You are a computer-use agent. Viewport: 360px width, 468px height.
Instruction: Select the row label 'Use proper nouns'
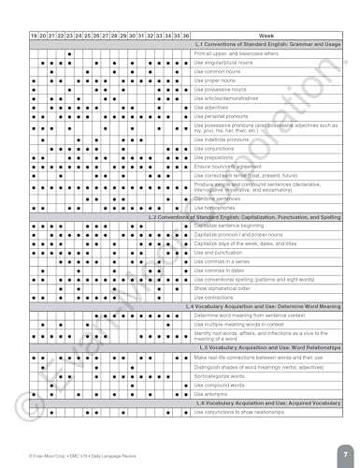click(216, 80)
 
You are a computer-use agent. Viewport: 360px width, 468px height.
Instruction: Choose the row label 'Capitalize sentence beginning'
click(234, 226)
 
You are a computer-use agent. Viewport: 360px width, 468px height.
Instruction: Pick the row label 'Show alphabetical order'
click(225, 288)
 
